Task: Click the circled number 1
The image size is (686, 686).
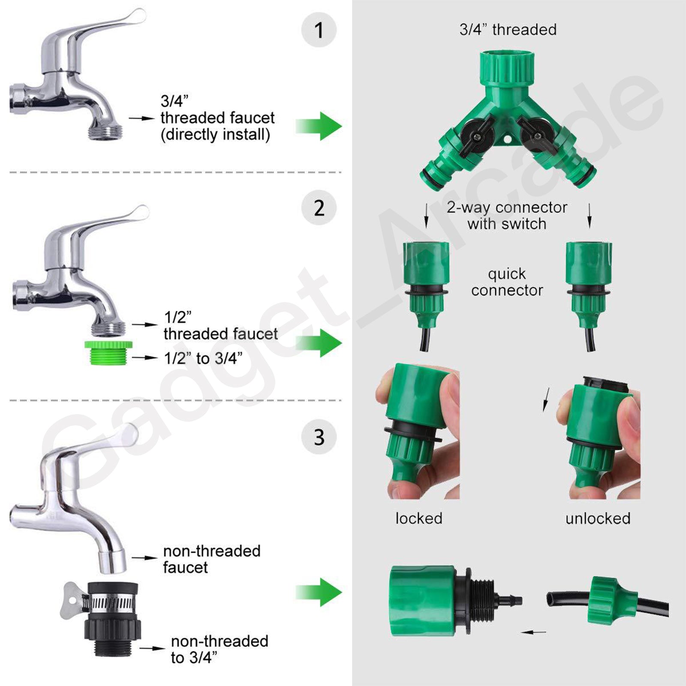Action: pyautogui.click(x=319, y=30)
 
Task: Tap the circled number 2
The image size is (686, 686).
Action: pyautogui.click(x=319, y=208)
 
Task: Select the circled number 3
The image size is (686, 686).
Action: pyautogui.click(x=319, y=437)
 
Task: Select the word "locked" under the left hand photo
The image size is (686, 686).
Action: pyautogui.click(x=419, y=518)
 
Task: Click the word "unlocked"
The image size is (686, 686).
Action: pyautogui.click(x=598, y=518)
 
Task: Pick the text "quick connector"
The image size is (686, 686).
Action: pyautogui.click(x=507, y=282)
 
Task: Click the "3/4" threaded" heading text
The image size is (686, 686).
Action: pyautogui.click(x=508, y=30)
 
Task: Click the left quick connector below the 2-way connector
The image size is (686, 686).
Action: pyautogui.click(x=426, y=285)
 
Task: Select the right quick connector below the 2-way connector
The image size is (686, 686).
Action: pyautogui.click(x=589, y=285)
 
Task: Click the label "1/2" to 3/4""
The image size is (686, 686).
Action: pyautogui.click(x=203, y=358)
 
